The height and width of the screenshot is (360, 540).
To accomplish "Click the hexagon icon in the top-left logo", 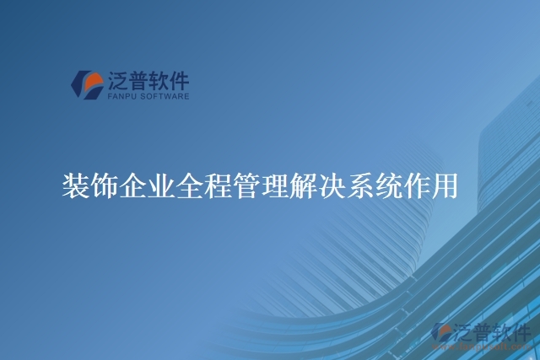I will (x=86, y=84).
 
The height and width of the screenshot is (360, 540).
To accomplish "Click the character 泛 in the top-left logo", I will (x=117, y=81).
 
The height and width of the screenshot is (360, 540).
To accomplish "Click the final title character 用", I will (x=445, y=184).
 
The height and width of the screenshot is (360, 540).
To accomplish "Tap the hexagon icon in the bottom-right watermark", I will (x=441, y=334).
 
